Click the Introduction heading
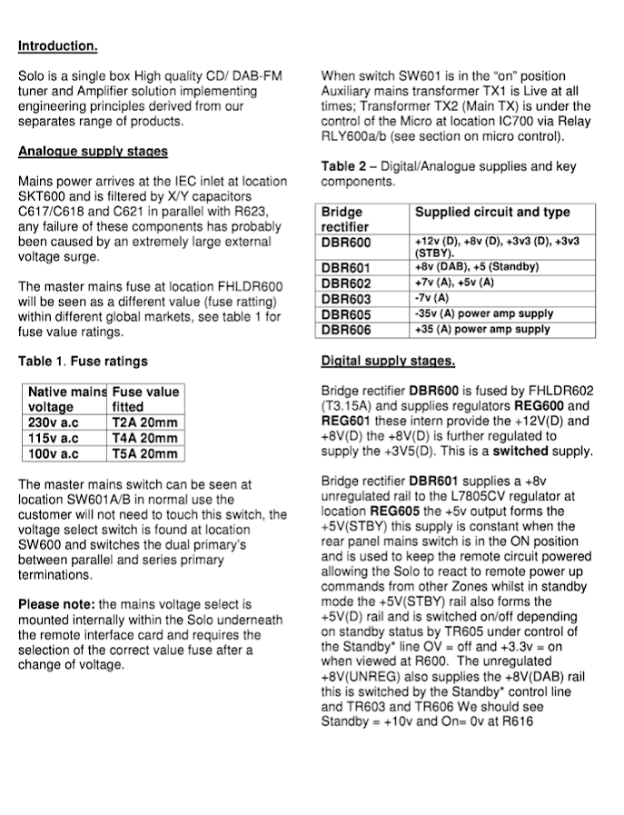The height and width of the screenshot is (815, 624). pos(57,46)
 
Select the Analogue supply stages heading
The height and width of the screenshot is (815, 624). pos(93,152)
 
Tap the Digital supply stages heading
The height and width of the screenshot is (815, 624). pos(388,361)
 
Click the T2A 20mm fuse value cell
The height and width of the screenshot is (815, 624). pos(144,423)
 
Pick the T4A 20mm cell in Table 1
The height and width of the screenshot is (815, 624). pos(144,439)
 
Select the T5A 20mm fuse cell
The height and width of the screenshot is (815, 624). pos(144,454)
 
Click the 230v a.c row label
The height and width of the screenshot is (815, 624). pos(54,423)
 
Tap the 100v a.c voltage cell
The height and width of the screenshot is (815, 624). pos(54,454)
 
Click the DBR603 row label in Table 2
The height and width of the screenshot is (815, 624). pos(346,298)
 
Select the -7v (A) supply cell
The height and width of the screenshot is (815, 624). pos(431,298)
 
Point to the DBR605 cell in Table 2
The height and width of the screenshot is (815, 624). pos(346,313)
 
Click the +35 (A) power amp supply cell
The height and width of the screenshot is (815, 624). pos(481,329)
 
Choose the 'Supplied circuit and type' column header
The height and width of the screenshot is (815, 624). pos(492,213)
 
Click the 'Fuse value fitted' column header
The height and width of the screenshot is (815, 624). pos(145,400)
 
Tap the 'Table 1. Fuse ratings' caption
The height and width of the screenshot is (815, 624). pos(83,362)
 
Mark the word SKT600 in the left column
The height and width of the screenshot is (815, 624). pos(46,196)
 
